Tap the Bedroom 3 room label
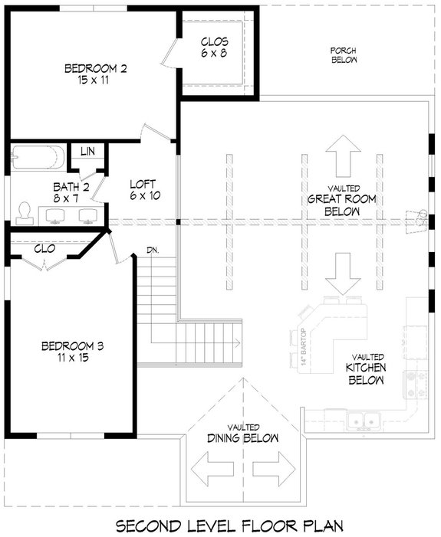tap(72, 352)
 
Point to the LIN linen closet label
tap(87, 152)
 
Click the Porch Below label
tap(344, 54)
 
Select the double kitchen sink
tap(360, 420)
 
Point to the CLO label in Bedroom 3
tap(44, 248)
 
